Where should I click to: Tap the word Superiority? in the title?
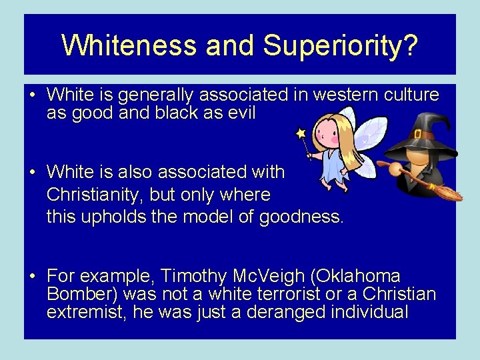[x=341, y=45]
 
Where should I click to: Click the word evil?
[x=240, y=113]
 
